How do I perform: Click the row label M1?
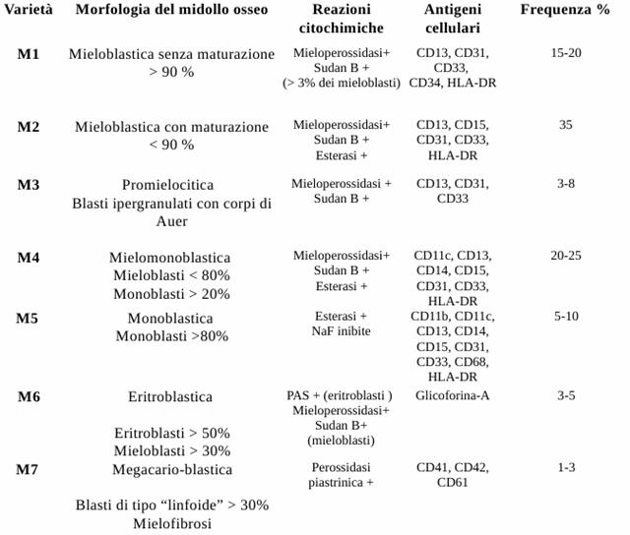(29, 53)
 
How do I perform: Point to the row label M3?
(29, 184)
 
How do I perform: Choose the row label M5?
(29, 318)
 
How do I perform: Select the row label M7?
(29, 467)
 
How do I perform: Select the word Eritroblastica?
(170, 397)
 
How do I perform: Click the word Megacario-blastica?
(171, 468)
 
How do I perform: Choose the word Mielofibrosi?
(171, 524)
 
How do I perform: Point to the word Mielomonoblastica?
(170, 258)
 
